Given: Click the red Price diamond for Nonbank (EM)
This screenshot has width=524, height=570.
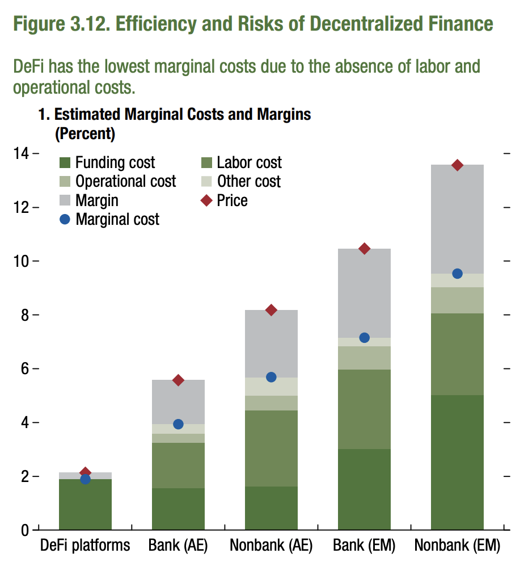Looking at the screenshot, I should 457,165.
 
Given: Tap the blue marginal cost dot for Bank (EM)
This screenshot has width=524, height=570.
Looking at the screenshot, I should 364,338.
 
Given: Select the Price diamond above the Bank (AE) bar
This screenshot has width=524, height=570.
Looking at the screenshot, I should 178,380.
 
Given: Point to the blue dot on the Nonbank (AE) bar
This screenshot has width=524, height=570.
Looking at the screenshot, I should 271,377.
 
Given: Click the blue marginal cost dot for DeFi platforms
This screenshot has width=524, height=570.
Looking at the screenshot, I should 86,479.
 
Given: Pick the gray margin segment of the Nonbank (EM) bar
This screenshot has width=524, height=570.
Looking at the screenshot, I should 457,219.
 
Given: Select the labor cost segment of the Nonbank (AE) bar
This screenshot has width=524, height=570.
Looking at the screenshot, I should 271,449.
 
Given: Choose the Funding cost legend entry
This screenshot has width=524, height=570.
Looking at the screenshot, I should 108,163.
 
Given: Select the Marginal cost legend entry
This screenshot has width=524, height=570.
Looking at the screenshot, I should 110,219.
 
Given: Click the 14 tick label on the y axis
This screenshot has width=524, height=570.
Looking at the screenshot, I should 23,153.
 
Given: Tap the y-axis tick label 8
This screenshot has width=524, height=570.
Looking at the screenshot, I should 26,315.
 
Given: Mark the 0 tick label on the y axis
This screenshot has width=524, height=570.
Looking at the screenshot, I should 26,530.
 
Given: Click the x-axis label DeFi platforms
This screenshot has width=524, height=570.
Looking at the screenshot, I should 85,546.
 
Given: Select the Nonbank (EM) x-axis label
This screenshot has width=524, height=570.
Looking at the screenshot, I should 457,546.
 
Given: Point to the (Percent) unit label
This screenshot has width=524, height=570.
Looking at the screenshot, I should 84,135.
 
